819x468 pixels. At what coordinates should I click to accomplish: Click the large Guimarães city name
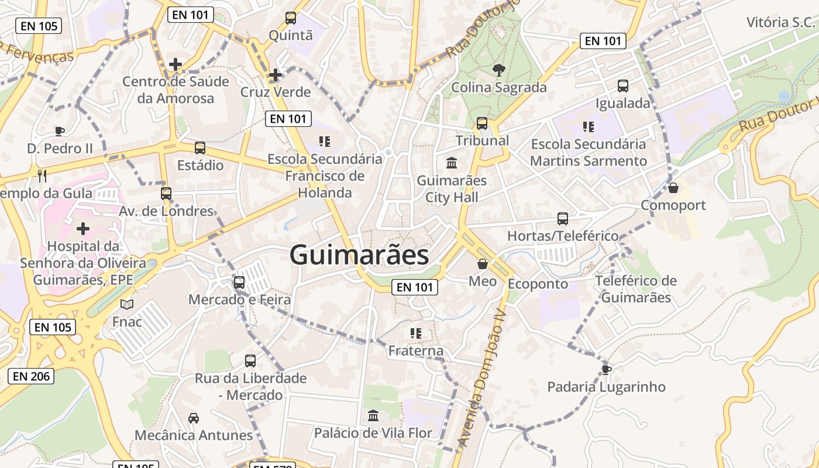click(x=359, y=256)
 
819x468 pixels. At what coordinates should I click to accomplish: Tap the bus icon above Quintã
click(x=291, y=18)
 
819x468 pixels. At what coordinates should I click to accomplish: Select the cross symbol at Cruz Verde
click(x=275, y=75)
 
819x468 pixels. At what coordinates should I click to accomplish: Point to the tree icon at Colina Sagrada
click(x=498, y=70)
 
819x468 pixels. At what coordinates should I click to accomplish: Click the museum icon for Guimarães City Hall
click(x=452, y=163)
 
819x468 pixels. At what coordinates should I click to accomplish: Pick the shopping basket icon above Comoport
click(x=673, y=188)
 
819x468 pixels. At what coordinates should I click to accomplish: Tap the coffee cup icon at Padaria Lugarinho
click(x=607, y=369)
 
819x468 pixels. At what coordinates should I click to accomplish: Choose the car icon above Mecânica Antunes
click(x=194, y=418)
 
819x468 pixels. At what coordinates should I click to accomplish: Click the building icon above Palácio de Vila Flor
click(x=373, y=416)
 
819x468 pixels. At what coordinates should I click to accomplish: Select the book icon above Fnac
click(x=127, y=304)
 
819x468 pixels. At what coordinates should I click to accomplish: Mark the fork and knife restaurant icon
click(x=42, y=175)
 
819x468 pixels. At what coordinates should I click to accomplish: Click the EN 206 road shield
click(x=31, y=376)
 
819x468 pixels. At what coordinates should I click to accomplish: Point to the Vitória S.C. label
click(x=780, y=22)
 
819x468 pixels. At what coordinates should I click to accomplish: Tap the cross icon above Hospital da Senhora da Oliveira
click(x=83, y=228)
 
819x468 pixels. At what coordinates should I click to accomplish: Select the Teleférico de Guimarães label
click(x=636, y=289)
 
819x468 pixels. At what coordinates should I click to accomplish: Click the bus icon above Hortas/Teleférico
click(x=563, y=219)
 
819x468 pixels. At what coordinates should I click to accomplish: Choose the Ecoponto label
click(x=538, y=284)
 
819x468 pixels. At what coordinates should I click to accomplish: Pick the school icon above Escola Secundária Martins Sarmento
click(x=588, y=126)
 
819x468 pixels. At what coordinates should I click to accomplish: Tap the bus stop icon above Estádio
click(x=200, y=148)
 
